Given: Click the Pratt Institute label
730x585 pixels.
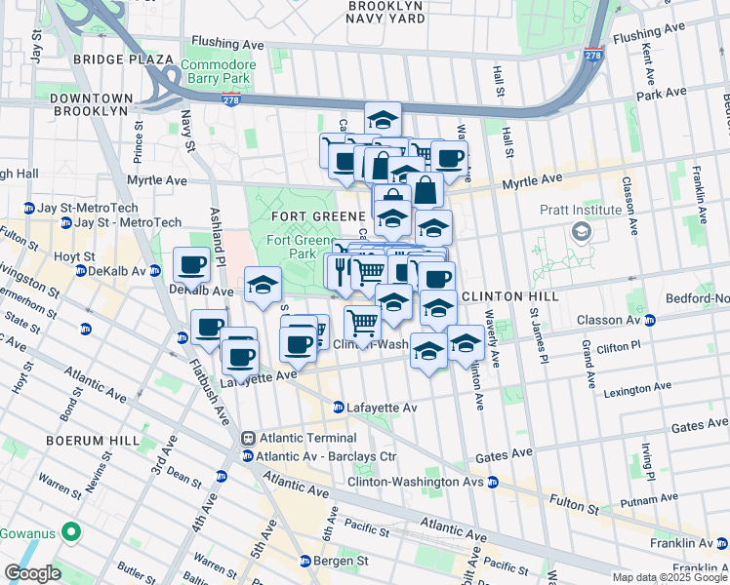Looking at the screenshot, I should (581, 210).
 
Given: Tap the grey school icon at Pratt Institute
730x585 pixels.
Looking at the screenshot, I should (582, 231).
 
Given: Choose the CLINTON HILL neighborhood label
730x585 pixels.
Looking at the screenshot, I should (508, 295).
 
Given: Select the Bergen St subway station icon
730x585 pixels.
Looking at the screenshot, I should (304, 562).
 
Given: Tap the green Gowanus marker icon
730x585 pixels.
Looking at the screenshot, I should (70, 532).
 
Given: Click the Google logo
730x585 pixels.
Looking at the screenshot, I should (32, 573).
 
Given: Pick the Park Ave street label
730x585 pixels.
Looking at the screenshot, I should (661, 95).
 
